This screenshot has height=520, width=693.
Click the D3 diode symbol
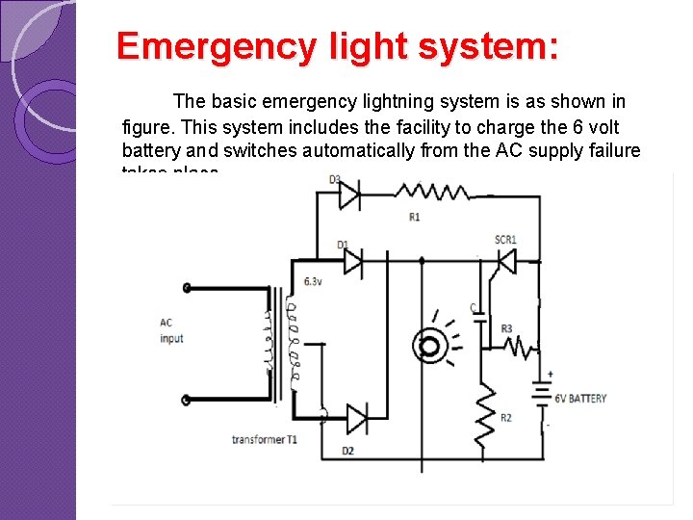[x=348, y=196]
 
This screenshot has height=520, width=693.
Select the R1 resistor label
[x=414, y=218]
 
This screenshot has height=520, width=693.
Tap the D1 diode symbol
[x=352, y=259]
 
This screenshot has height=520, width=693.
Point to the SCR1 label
[x=506, y=239]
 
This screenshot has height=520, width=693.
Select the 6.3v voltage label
[x=313, y=281]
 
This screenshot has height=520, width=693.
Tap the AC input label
[x=171, y=330]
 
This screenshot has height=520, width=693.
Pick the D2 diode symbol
[x=356, y=419]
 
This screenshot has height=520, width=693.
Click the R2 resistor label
[x=505, y=417]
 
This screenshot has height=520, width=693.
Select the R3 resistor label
[x=506, y=328]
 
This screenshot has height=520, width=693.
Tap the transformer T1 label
[x=265, y=440]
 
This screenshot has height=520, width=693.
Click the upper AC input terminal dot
[x=186, y=287]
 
